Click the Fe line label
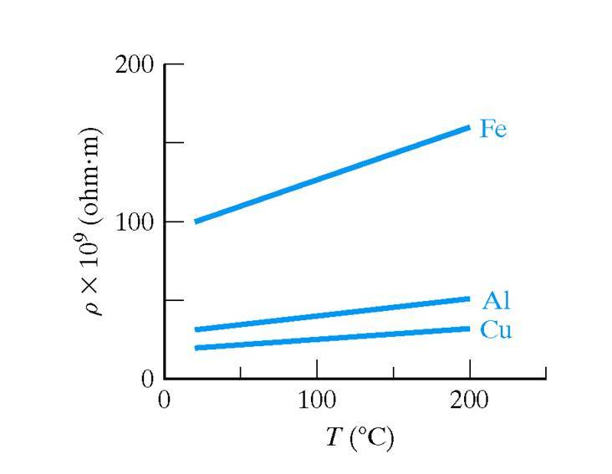pyautogui.click(x=492, y=130)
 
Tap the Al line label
pyautogui.click(x=495, y=302)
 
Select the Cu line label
pyautogui.click(x=495, y=330)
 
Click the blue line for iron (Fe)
pyautogui.click(x=333, y=174)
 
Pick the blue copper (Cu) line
pyautogui.click(x=333, y=338)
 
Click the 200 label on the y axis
pyautogui.click(x=134, y=64)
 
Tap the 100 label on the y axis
pyautogui.click(x=134, y=222)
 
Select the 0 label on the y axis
pyautogui.click(x=147, y=379)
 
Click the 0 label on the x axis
pyautogui.click(x=165, y=400)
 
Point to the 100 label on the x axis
pyautogui.click(x=317, y=400)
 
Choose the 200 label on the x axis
pyautogui.click(x=470, y=400)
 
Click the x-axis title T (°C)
pyautogui.click(x=359, y=437)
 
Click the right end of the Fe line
pyautogui.click(x=468, y=128)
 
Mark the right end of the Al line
pyautogui.click(x=468, y=298)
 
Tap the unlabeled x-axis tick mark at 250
pyautogui.click(x=546, y=372)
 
